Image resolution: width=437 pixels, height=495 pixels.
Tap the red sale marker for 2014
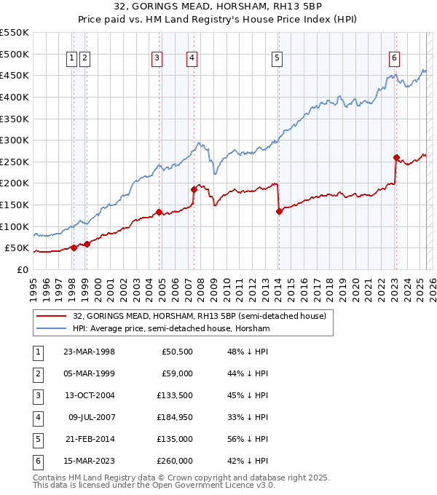(279, 211)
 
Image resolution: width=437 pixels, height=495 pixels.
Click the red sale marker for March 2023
(396, 157)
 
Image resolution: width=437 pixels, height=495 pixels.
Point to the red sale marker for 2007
(194, 189)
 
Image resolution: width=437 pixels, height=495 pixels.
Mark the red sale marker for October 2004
(159, 212)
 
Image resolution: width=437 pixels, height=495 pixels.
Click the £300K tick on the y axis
(14, 140)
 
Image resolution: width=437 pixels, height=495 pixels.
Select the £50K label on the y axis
(17, 247)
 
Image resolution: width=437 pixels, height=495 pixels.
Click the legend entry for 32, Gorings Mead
(202, 316)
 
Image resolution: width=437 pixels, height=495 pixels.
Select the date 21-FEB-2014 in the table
(89, 440)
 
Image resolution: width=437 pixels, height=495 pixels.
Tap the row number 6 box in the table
(36, 462)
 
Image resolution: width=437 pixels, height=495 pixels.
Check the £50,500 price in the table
(176, 352)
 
